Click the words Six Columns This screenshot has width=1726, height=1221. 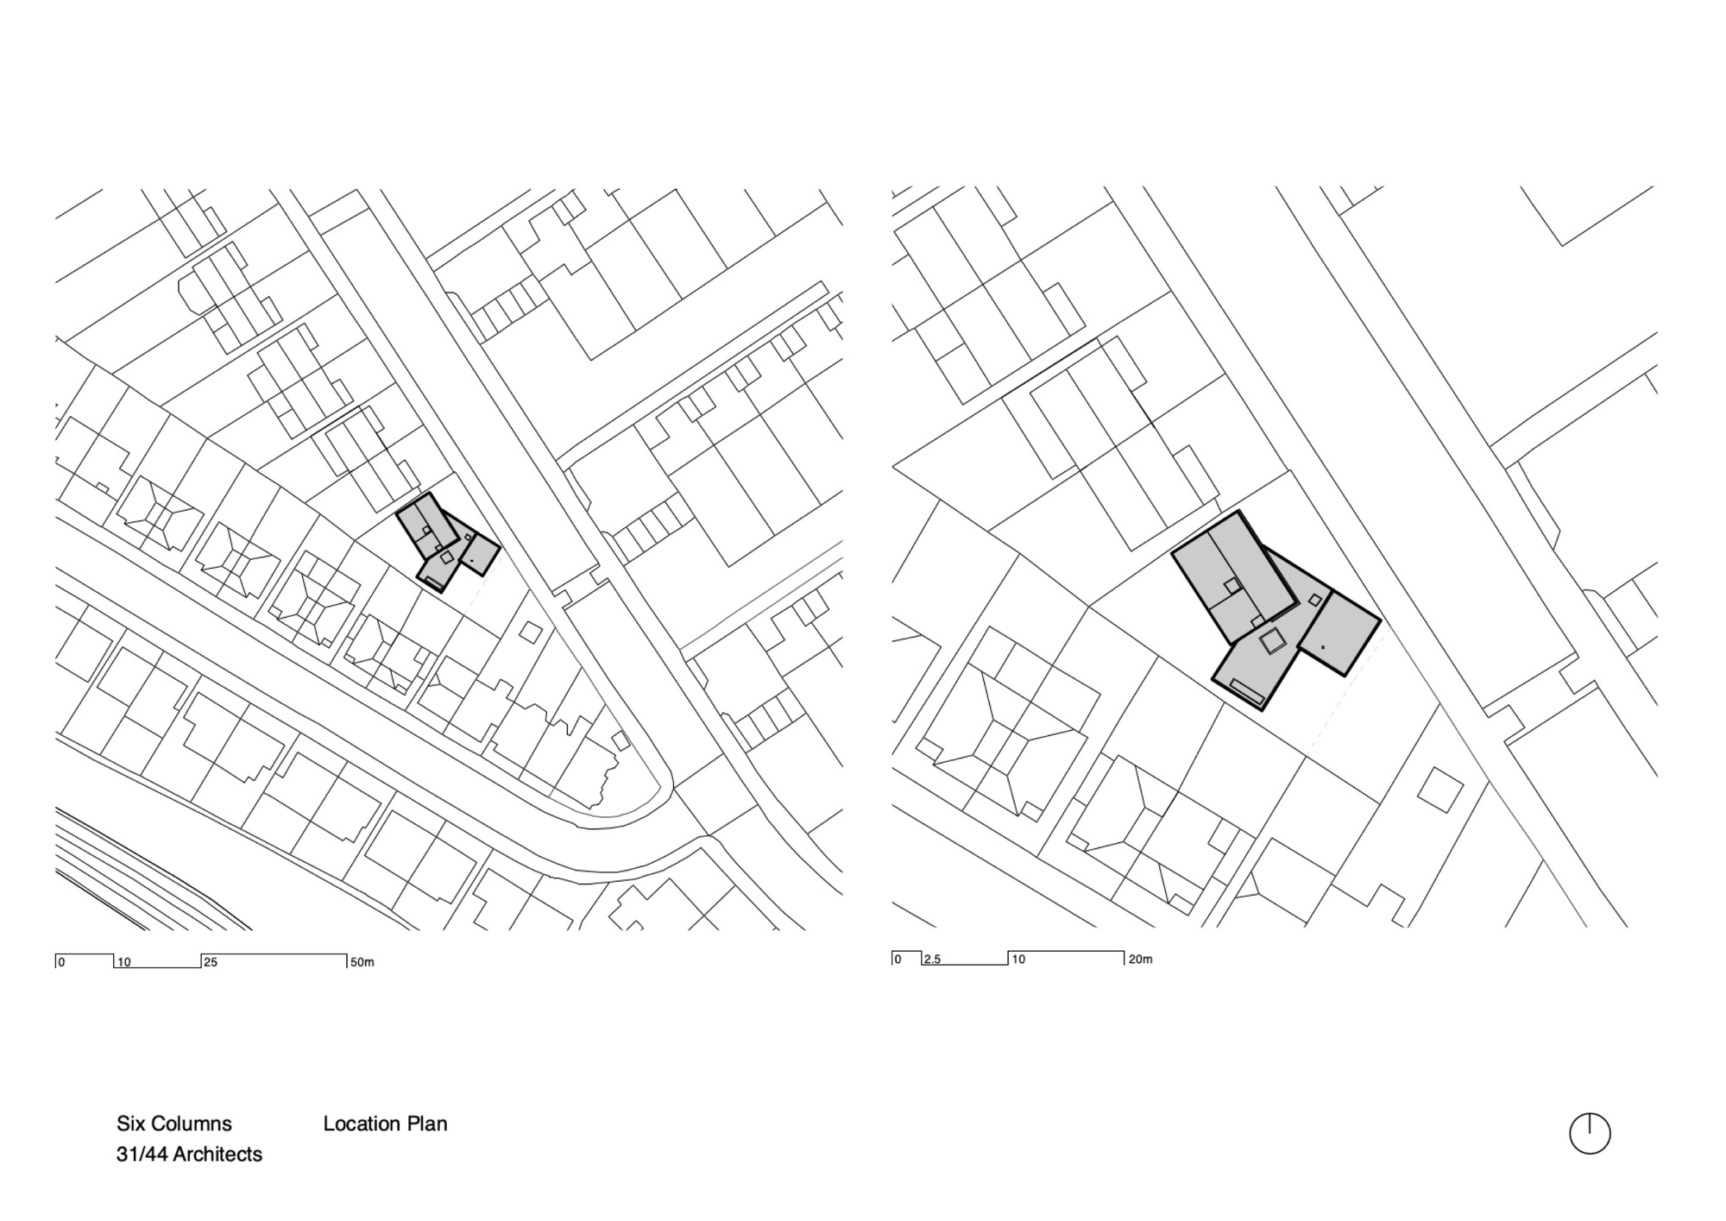[x=174, y=1123]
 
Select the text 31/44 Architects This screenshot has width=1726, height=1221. [x=189, y=1154]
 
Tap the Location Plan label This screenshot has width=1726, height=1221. [x=385, y=1123]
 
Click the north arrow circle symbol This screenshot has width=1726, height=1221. [x=1589, y=1133]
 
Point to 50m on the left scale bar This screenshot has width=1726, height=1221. [x=362, y=962]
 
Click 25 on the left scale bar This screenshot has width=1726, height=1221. [x=211, y=962]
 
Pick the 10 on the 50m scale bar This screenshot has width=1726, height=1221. [x=124, y=962]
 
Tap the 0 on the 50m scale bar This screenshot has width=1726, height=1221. [x=61, y=962]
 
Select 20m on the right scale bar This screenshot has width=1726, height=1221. [x=1140, y=959]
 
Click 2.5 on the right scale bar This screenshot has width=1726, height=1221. [x=932, y=959]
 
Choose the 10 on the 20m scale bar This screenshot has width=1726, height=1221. [x=1018, y=959]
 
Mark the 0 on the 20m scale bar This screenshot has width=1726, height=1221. [x=898, y=959]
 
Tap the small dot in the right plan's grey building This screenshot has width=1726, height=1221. [x=1323, y=647]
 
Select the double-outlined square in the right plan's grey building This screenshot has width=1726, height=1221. [x=1271, y=641]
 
